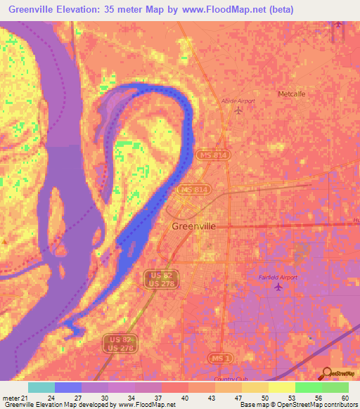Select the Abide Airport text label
(x=240, y=100)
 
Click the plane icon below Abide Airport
(x=240, y=110)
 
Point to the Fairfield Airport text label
(x=278, y=277)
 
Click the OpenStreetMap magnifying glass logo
(x=328, y=373)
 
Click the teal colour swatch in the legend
(x=41, y=387)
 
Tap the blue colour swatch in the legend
(x=68, y=387)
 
